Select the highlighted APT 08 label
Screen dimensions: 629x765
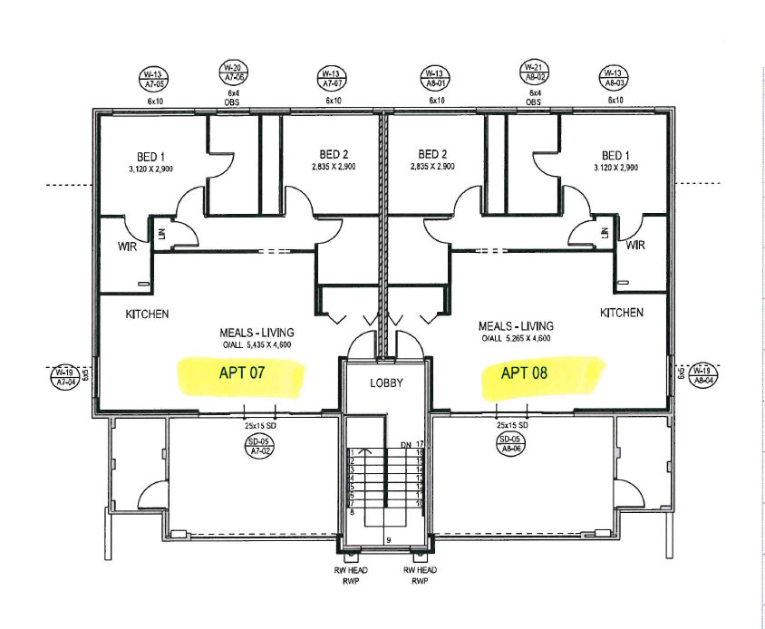click(x=525, y=373)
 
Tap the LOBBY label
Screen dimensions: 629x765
click(x=385, y=382)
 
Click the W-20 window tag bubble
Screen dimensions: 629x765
click(x=232, y=73)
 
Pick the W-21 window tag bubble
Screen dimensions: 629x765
click(x=533, y=73)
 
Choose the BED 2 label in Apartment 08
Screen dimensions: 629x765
click(x=432, y=155)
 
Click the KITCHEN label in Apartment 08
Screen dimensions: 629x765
click(x=622, y=313)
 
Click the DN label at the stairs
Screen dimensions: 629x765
click(x=405, y=444)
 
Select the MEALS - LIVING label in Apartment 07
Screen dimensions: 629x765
click(x=257, y=333)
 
